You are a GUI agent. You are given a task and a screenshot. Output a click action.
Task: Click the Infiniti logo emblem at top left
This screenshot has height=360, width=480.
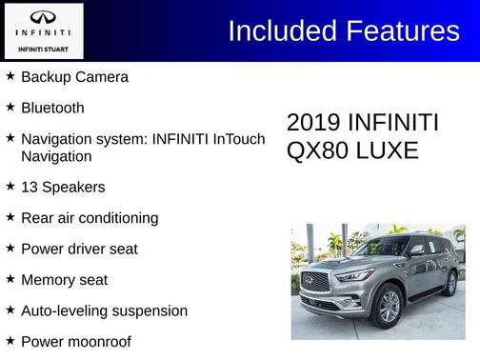pos(43,17)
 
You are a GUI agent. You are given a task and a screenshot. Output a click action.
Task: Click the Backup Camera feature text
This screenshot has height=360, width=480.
pos(74,76)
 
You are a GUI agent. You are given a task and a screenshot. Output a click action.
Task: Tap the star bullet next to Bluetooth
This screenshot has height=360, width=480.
pos(10,107)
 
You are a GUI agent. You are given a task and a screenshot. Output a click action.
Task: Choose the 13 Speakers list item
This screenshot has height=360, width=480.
pos(63,187)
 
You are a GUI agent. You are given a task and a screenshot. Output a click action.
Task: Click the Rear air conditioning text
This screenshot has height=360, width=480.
pos(90,218)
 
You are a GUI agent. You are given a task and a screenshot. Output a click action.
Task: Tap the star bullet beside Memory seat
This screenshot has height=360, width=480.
pos(10,279)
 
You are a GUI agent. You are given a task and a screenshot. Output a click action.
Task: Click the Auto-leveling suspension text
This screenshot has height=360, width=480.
pos(104,310)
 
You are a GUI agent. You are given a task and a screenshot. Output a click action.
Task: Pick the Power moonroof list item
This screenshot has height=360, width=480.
pos(75,341)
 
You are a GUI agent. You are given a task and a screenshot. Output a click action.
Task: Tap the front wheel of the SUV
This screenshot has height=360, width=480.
pos(389,305)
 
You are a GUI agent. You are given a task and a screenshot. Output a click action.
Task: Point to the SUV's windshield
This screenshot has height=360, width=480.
pos(381,247)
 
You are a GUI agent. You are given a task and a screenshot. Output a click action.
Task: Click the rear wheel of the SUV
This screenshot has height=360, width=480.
pos(450,282)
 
